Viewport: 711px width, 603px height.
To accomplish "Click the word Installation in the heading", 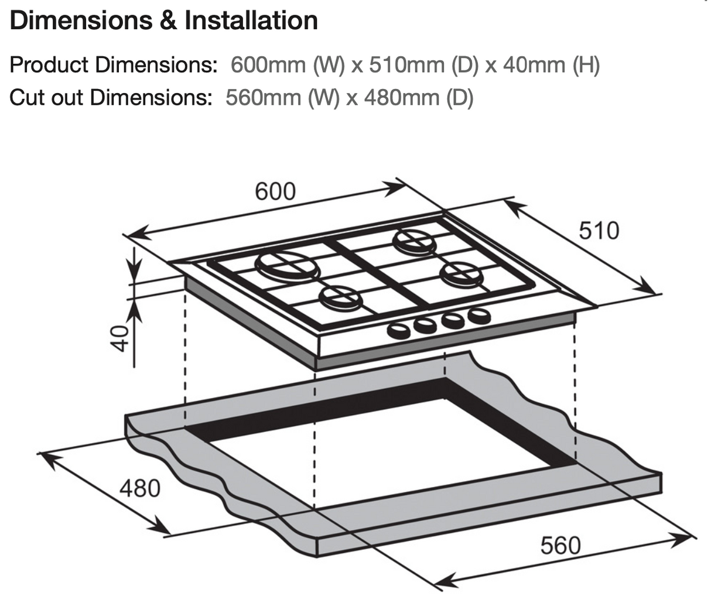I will click(x=251, y=20).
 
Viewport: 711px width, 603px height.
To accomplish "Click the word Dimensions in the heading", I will click(x=80, y=20).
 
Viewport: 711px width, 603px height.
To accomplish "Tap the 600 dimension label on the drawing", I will click(x=275, y=191).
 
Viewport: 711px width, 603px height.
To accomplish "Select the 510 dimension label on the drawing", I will click(x=599, y=231).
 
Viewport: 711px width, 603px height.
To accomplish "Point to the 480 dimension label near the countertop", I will click(x=139, y=487).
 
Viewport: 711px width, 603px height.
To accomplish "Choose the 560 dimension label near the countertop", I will click(x=560, y=546).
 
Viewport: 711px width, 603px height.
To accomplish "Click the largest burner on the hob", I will click(x=288, y=266).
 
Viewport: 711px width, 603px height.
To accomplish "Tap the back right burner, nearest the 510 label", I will click(x=414, y=241).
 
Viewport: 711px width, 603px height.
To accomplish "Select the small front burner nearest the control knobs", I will click(x=340, y=297).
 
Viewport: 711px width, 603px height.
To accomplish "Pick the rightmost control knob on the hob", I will click(x=478, y=316).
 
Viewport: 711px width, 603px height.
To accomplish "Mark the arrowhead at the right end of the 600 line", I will click(x=398, y=187).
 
